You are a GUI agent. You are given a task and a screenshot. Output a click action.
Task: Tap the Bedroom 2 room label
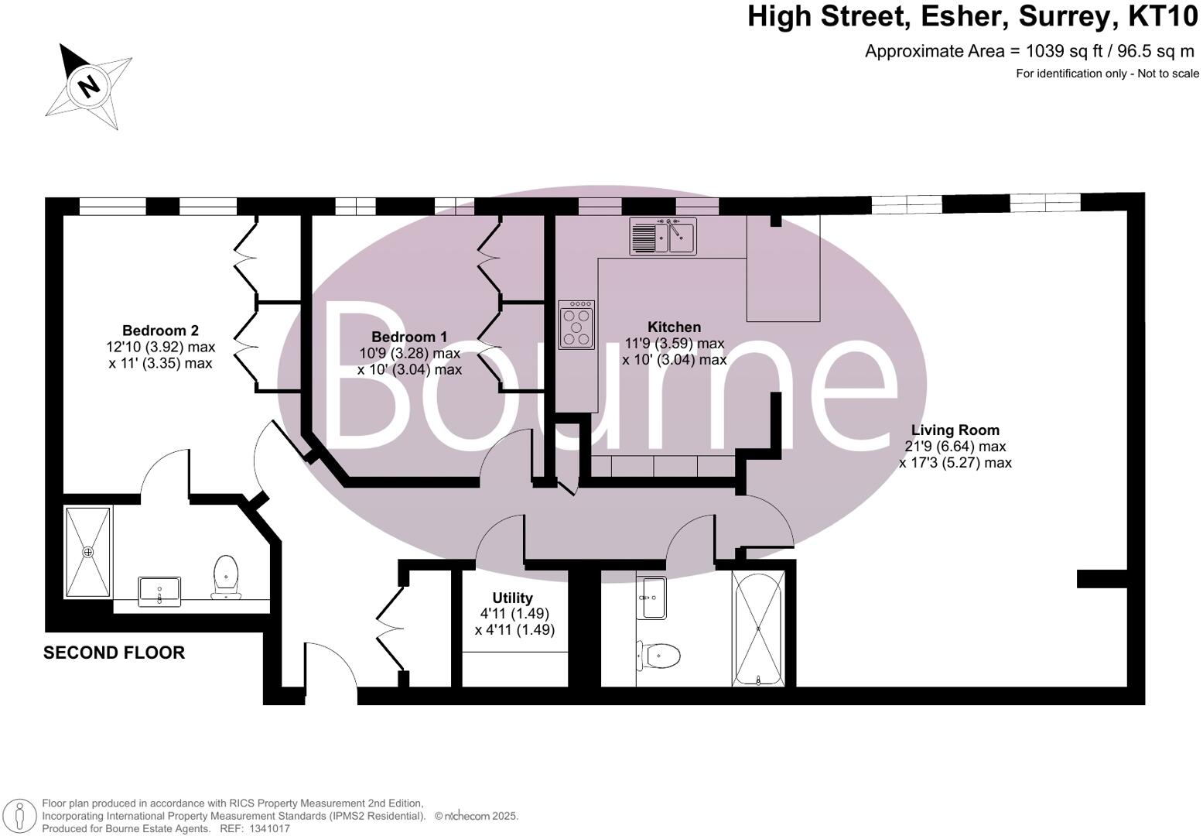[160, 331]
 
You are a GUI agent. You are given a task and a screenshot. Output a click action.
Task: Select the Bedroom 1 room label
[409, 337]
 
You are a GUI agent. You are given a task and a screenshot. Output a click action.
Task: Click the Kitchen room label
[674, 327]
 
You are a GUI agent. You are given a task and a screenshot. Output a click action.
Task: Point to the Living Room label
[955, 430]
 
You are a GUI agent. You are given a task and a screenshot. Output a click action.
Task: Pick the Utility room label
[512, 598]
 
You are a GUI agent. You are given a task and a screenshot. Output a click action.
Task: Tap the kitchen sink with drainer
[663, 236]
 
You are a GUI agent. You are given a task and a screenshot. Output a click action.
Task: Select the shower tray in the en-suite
[88, 552]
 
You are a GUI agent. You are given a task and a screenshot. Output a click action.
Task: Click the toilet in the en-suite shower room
[226, 577]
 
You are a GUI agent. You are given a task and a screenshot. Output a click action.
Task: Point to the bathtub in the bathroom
[759, 629]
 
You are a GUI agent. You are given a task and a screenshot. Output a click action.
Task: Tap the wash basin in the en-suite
[159, 591]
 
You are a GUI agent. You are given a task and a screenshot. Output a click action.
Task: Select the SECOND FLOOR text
[114, 653]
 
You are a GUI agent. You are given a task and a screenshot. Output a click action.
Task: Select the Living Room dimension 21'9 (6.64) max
[955, 447]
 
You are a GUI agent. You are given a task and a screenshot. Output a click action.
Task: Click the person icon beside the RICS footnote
[21, 816]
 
